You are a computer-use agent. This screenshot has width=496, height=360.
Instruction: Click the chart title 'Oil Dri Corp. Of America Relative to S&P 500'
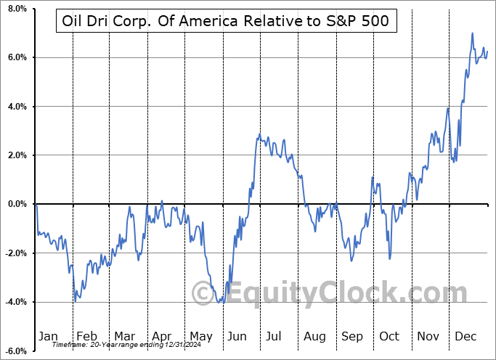(226, 22)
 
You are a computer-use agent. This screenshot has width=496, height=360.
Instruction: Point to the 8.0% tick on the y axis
(16, 9)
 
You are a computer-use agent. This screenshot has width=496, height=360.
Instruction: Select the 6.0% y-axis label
(16, 57)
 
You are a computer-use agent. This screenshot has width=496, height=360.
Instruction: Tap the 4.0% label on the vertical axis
(16, 107)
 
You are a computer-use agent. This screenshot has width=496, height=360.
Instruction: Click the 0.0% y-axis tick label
(16, 204)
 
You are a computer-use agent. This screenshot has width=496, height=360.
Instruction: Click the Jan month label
(48, 336)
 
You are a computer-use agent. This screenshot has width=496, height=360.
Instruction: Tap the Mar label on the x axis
(124, 336)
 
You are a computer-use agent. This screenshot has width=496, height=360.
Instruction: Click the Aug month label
(314, 336)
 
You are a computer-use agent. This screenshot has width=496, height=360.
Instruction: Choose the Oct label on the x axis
(390, 336)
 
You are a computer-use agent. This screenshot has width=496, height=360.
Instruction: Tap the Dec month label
(466, 336)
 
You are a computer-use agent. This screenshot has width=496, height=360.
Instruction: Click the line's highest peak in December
(473, 33)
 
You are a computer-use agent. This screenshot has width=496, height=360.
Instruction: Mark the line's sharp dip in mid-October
(390, 258)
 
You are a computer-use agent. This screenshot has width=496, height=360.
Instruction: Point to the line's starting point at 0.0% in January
(36, 204)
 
